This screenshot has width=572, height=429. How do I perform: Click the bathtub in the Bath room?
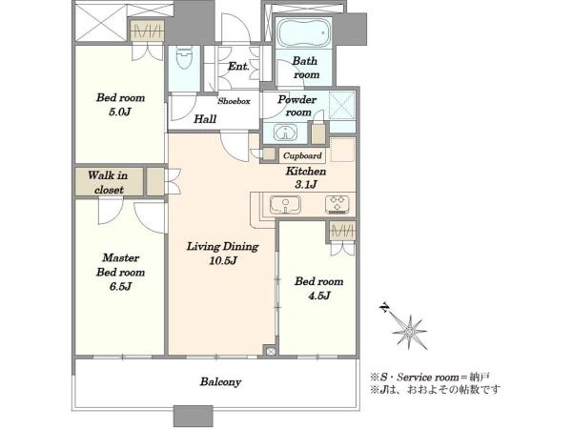(x=305, y=33)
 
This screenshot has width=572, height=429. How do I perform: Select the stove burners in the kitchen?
(x=337, y=204)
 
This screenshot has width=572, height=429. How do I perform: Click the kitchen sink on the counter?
(x=285, y=205)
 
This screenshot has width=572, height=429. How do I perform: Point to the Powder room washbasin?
(x=286, y=133)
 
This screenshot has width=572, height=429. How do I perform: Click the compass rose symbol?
(x=410, y=332)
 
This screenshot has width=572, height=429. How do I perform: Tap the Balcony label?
(x=220, y=382)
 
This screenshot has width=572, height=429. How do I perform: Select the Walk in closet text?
(x=108, y=182)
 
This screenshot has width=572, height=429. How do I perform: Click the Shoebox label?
(x=234, y=101)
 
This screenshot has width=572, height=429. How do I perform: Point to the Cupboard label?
(x=302, y=155)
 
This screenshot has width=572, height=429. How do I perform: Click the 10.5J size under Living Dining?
(x=223, y=261)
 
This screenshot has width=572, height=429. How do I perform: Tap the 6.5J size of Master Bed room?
(x=120, y=287)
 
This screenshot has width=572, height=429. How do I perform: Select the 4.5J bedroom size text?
(x=319, y=296)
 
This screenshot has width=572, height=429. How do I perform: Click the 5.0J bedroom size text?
(x=120, y=112)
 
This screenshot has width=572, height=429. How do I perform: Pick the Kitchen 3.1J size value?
(x=306, y=185)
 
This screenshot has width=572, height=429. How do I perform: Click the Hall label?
(x=205, y=119)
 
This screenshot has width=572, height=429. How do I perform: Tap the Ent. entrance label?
(x=238, y=67)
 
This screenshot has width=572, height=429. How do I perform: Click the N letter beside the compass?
(x=384, y=308)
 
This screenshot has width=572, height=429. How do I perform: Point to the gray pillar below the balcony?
(x=193, y=415)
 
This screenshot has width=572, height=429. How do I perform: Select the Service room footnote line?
(x=430, y=377)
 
